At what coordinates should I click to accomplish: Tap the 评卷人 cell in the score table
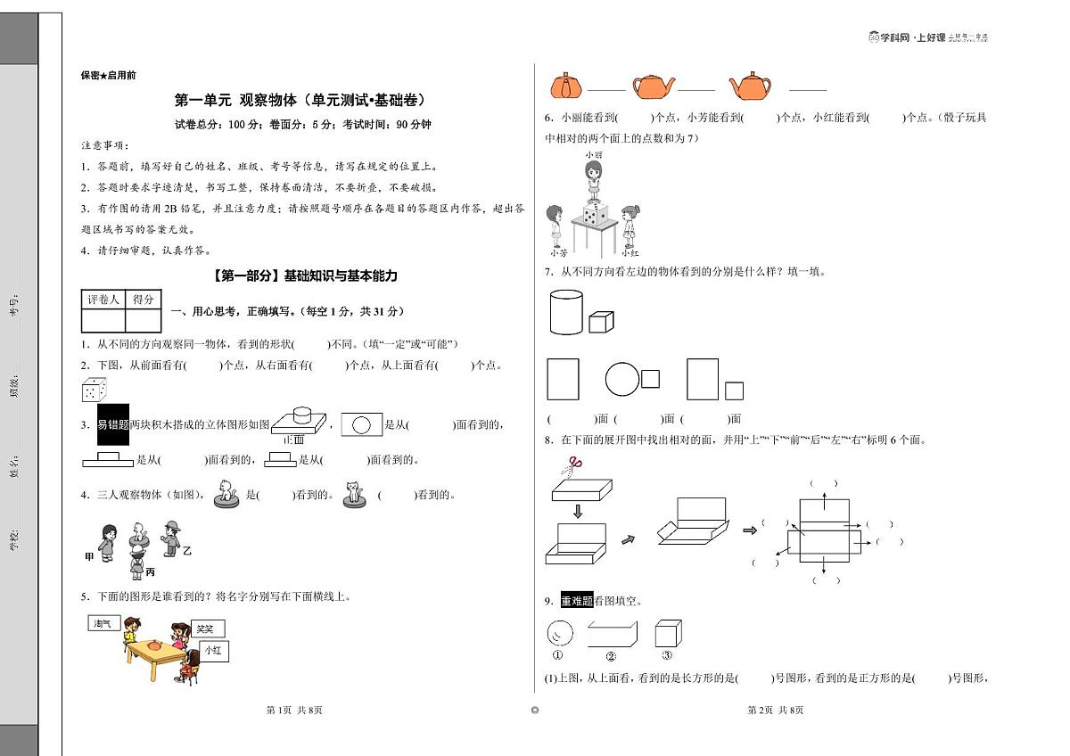tap(103, 300)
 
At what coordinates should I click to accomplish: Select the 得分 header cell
tap(143, 300)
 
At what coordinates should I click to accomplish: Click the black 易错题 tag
tap(113, 425)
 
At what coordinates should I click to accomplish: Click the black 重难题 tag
tap(576, 601)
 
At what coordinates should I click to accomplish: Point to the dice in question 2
tap(95, 390)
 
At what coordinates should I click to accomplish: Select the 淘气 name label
tap(102, 623)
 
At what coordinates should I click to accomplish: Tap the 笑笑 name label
tap(206, 628)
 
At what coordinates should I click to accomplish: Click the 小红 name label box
tap(212, 651)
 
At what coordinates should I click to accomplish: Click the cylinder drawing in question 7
tap(564, 312)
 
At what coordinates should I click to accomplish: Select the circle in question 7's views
tap(621, 380)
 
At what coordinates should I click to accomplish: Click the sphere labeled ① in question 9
tap(559, 633)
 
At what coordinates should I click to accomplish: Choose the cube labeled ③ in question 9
tap(668, 633)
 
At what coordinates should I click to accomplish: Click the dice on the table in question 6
tap(595, 212)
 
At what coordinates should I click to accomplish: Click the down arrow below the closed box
tap(576, 511)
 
